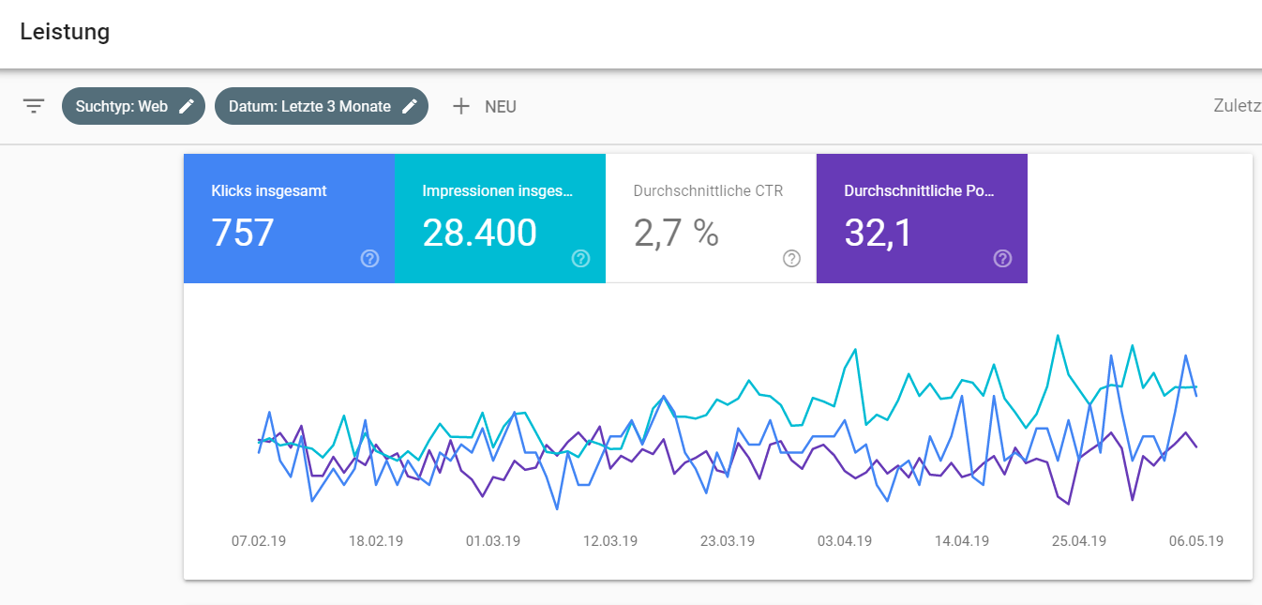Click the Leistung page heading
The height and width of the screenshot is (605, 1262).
pyautogui.click(x=65, y=32)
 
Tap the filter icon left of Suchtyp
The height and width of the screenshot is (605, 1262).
pyautogui.click(x=34, y=106)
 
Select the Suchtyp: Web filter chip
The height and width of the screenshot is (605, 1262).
pyautogui.click(x=122, y=106)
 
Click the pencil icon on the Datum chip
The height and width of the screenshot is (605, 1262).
pyautogui.click(x=409, y=106)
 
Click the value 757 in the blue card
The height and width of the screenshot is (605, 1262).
pyautogui.click(x=243, y=233)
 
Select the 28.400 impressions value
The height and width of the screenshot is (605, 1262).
pyautogui.click(x=479, y=233)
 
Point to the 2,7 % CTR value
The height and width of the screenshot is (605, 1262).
pyautogui.click(x=676, y=233)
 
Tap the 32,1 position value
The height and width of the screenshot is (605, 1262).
pyautogui.click(x=878, y=233)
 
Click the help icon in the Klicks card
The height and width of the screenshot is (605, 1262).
pyautogui.click(x=370, y=259)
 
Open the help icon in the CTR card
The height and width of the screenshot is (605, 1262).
pyautogui.click(x=792, y=259)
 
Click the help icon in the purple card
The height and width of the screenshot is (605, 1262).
pyautogui.click(x=1003, y=259)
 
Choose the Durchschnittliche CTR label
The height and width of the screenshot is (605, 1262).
pyautogui.click(x=708, y=190)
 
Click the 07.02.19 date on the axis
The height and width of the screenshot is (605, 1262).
pyautogui.click(x=259, y=541)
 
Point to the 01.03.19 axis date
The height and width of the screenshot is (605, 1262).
pyautogui.click(x=493, y=541)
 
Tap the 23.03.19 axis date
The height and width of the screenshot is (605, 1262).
pyautogui.click(x=728, y=541)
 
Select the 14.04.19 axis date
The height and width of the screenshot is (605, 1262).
pyautogui.click(x=962, y=541)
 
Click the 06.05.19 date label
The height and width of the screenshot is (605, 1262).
pyautogui.click(x=1195, y=541)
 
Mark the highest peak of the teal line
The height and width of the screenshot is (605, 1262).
pyautogui.click(x=1058, y=335)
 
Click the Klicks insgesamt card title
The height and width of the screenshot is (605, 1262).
pyautogui.click(x=269, y=190)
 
